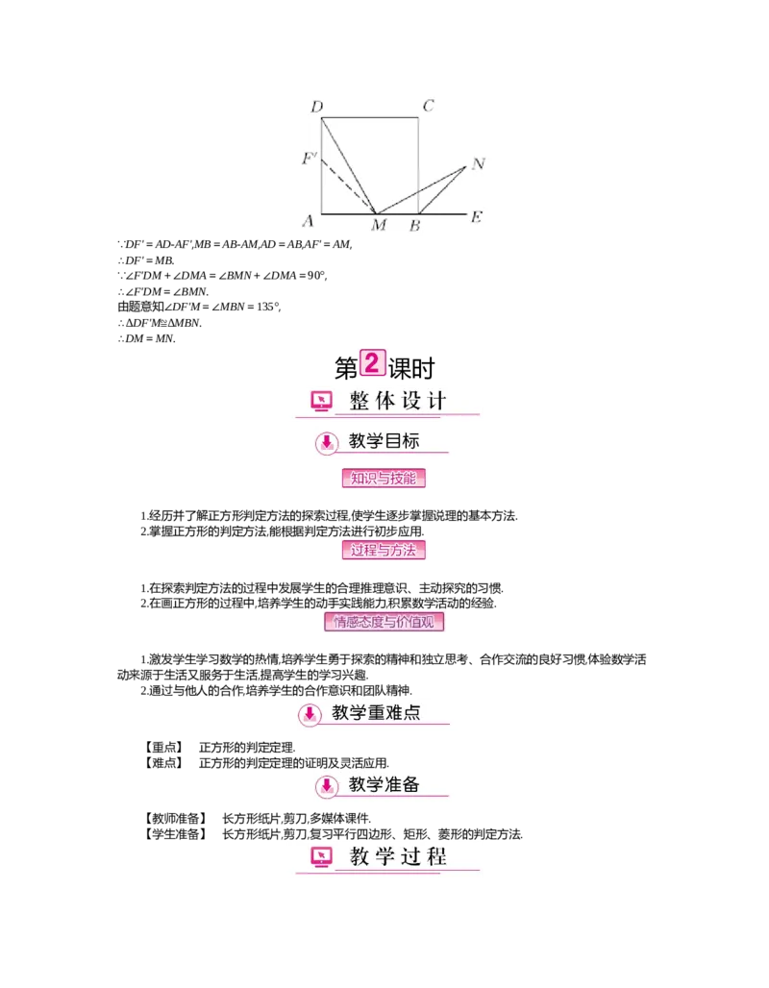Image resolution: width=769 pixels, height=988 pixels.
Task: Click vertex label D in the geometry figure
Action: point(316,106)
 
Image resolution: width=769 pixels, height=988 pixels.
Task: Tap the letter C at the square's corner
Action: point(429,106)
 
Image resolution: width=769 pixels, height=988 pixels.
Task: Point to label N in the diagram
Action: point(478,163)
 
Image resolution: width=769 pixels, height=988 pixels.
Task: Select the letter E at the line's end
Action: point(475,217)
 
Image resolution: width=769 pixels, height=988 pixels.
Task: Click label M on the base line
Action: point(379,226)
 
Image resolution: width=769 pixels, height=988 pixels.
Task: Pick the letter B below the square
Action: point(414,226)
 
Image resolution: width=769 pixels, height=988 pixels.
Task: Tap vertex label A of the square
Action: point(309,221)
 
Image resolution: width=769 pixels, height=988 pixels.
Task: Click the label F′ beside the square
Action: point(309,158)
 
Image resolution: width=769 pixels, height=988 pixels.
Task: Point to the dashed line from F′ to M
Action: point(348,185)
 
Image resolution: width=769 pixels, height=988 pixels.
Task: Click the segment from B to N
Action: point(442,189)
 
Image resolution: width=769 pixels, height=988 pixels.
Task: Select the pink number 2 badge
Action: point(372,363)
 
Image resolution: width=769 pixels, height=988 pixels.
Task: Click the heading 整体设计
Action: point(398,401)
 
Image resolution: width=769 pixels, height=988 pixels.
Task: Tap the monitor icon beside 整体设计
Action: point(320,402)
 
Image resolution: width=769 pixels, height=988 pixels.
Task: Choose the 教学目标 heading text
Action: point(384,442)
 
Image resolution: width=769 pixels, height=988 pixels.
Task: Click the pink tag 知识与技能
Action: point(384,478)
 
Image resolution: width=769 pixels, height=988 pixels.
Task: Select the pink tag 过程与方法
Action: point(384,550)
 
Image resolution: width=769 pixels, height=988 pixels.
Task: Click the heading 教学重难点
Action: point(376,713)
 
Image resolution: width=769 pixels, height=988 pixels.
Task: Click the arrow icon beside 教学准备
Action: point(327,786)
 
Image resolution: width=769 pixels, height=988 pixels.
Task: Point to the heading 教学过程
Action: point(398,856)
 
